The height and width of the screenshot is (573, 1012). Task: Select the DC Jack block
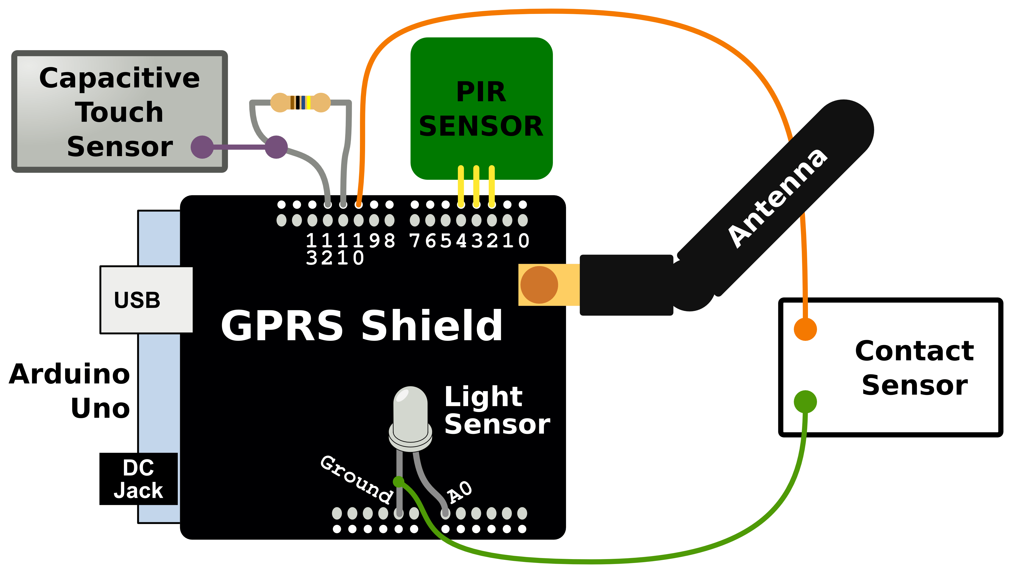coord(139,478)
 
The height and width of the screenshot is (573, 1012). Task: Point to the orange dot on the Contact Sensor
coord(805,329)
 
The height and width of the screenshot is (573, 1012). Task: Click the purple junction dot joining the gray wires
coord(276,147)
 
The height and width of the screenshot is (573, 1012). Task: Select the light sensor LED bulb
coord(410,417)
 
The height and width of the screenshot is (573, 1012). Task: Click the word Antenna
coord(778,199)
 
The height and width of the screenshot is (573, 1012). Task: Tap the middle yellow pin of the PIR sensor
coord(476,185)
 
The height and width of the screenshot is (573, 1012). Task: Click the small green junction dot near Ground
coord(399,481)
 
